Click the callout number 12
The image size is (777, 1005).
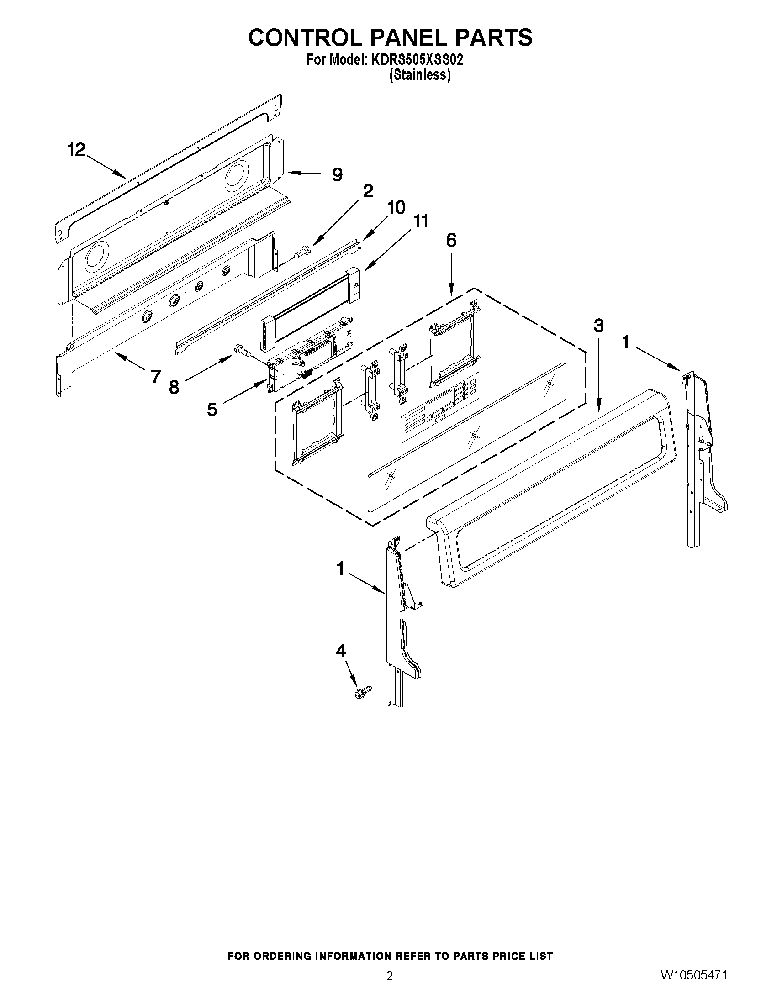click(76, 150)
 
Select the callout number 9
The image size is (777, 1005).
click(338, 175)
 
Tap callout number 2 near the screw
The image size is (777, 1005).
click(368, 191)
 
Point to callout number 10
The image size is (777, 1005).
click(396, 208)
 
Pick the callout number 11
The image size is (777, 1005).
click(420, 221)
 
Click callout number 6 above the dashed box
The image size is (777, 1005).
click(451, 240)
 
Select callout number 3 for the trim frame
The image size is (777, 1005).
click(598, 326)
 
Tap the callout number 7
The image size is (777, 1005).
click(156, 376)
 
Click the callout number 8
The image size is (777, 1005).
click(174, 388)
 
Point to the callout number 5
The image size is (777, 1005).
click(212, 409)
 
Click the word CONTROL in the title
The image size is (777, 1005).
click(304, 38)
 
